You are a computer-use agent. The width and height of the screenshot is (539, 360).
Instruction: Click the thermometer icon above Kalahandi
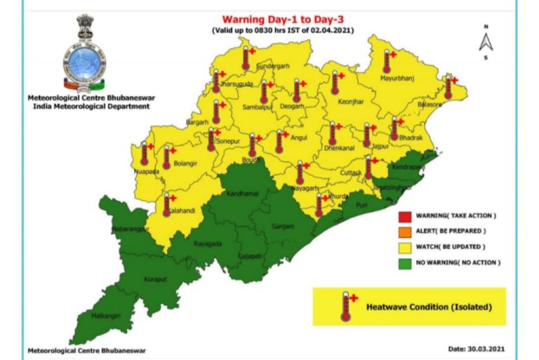pos(166,204)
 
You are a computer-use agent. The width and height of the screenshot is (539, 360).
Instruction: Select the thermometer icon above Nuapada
pos(145,152)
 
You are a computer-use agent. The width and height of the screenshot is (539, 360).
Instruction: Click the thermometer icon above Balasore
pos(448,86)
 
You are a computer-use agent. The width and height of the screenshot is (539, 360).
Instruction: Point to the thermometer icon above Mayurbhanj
pos(385,62)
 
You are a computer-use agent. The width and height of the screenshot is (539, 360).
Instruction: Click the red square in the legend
pos(404,215)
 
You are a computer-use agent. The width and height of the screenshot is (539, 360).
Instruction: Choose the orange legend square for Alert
pos(404,231)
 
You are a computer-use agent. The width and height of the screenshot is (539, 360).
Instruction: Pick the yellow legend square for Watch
pos(404,246)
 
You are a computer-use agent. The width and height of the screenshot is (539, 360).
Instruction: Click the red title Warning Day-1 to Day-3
pos(285,20)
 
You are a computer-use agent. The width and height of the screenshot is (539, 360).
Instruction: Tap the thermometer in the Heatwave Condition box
pos(345,305)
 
